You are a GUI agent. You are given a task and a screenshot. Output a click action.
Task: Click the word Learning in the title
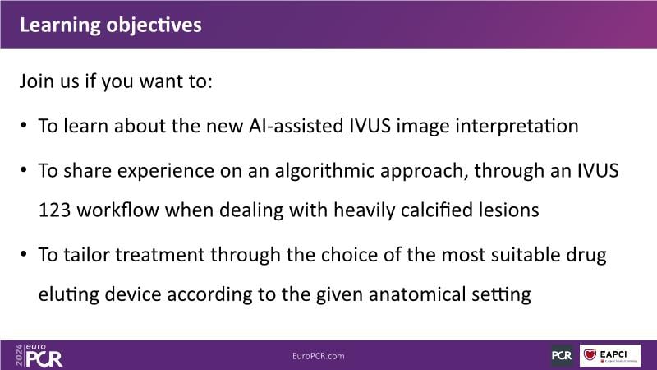click(x=60, y=26)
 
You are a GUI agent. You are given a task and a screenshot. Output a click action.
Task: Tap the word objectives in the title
click(x=154, y=26)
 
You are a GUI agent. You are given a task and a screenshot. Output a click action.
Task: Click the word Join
click(x=37, y=81)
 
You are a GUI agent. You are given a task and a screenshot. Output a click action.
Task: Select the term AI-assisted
click(x=296, y=126)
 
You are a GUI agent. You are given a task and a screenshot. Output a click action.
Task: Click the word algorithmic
click(x=324, y=172)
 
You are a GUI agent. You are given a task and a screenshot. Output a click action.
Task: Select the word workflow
click(x=117, y=210)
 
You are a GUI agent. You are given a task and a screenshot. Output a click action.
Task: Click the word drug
click(x=586, y=256)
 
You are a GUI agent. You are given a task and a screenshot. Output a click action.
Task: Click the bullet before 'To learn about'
click(x=24, y=126)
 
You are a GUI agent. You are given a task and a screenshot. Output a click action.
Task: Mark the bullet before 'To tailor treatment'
click(x=24, y=254)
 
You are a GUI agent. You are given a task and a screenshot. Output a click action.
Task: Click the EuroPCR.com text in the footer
click(x=319, y=356)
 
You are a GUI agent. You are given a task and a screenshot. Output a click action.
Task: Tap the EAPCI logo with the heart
click(x=610, y=355)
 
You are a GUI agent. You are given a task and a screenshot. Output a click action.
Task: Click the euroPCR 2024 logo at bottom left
click(x=39, y=355)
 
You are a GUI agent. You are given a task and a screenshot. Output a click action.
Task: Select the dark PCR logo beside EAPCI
click(x=562, y=355)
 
